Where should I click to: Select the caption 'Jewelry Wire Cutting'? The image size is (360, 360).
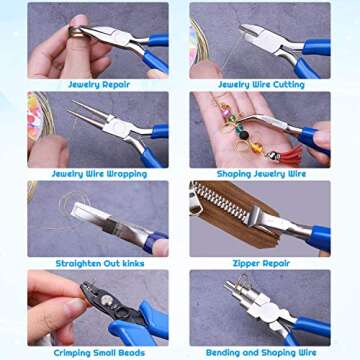coord(260,84)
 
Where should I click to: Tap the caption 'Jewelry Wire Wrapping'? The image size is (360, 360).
coord(97,173)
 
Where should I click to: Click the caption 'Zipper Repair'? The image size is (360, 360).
coord(260,262)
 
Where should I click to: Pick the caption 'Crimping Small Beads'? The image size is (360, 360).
coord(97,351)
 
